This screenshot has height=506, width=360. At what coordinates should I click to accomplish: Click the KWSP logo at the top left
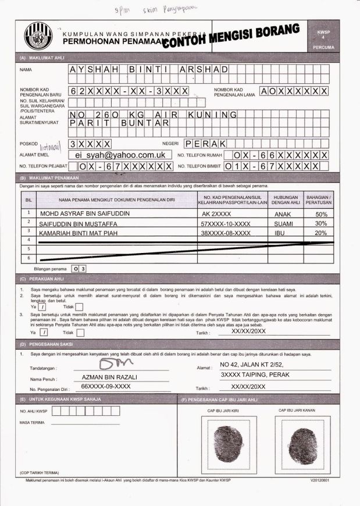(x=38, y=36)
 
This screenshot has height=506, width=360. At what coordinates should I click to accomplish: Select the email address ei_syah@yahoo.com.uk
(x=120, y=155)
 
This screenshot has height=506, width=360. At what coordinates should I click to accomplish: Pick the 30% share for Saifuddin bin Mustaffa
(x=321, y=223)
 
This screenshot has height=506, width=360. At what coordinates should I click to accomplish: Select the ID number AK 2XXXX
(x=216, y=213)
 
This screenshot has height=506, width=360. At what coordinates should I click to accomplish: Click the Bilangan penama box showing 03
(x=79, y=269)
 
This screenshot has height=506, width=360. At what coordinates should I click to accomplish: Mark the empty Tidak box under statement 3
(x=80, y=333)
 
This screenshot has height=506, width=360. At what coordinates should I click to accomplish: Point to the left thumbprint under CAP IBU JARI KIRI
(x=227, y=440)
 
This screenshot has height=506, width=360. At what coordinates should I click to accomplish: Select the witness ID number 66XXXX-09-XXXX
(x=105, y=386)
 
